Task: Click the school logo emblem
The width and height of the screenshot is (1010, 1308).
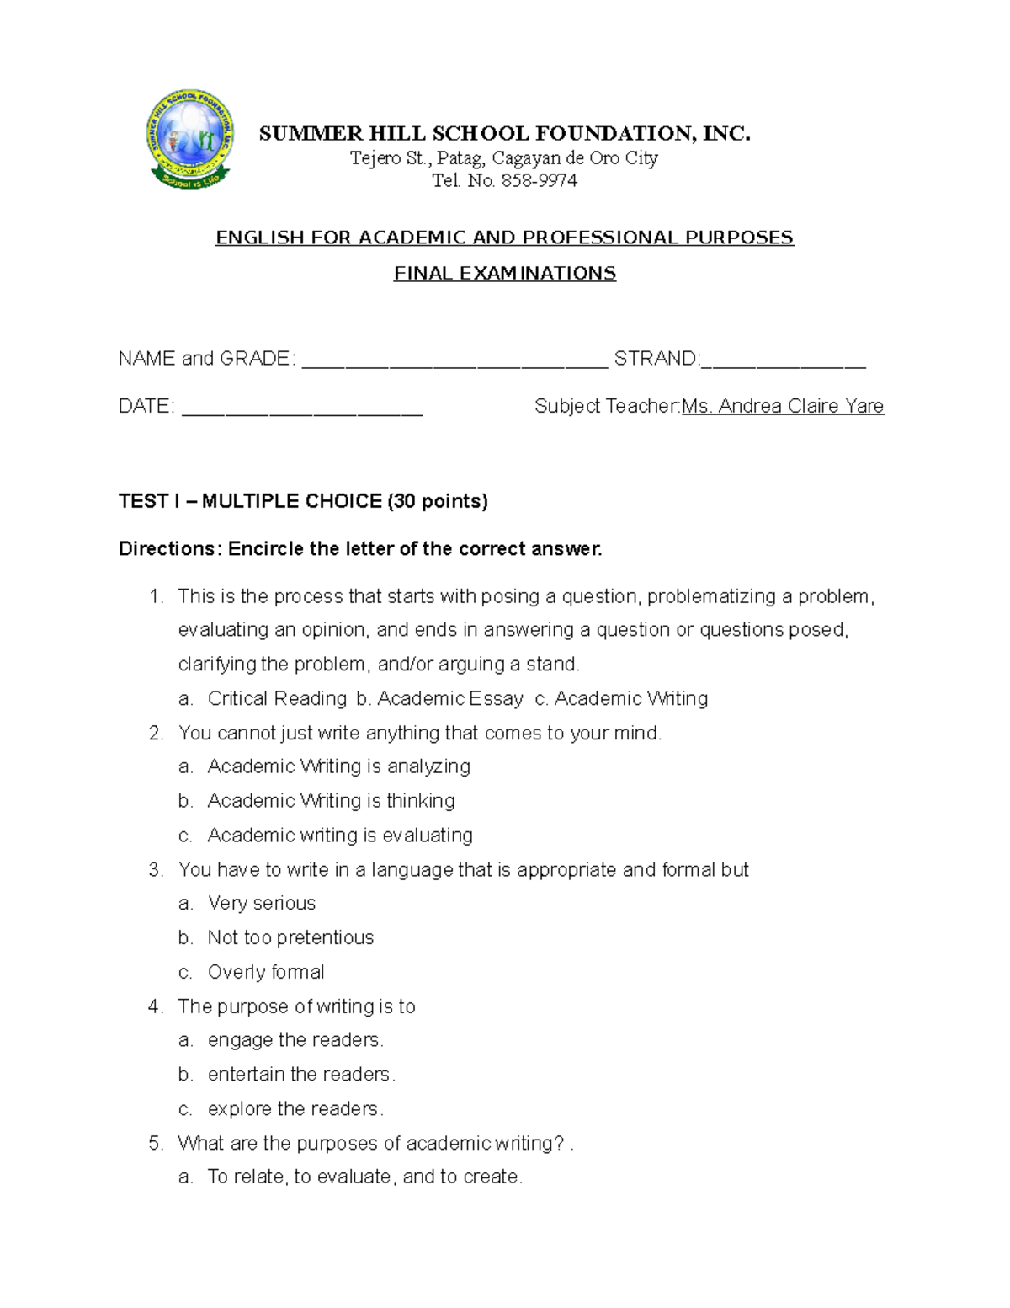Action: point(190,140)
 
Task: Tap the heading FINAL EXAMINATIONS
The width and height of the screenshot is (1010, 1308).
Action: point(505,273)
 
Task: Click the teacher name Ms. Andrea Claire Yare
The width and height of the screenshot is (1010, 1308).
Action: point(783,406)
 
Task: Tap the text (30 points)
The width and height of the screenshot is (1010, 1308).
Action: point(437,501)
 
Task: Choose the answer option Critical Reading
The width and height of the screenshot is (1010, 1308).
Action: point(277,698)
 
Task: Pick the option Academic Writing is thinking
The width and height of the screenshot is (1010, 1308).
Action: point(331,800)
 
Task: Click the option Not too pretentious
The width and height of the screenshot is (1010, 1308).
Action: point(290,937)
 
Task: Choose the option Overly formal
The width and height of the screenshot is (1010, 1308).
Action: point(266,972)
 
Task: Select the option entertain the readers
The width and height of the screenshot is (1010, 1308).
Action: point(300,1075)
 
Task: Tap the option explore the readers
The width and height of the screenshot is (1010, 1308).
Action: point(295,1109)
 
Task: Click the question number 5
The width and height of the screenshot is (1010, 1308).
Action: point(155,1143)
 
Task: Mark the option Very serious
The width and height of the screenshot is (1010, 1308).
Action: point(262,903)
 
